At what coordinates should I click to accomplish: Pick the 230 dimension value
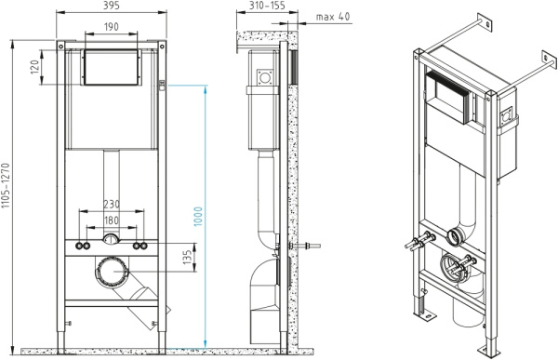[112, 205]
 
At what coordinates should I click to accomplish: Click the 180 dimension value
[112, 220]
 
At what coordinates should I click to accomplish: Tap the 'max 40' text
[332, 17]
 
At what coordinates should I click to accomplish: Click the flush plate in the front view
[112, 67]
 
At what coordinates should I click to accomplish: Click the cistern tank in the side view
[264, 102]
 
